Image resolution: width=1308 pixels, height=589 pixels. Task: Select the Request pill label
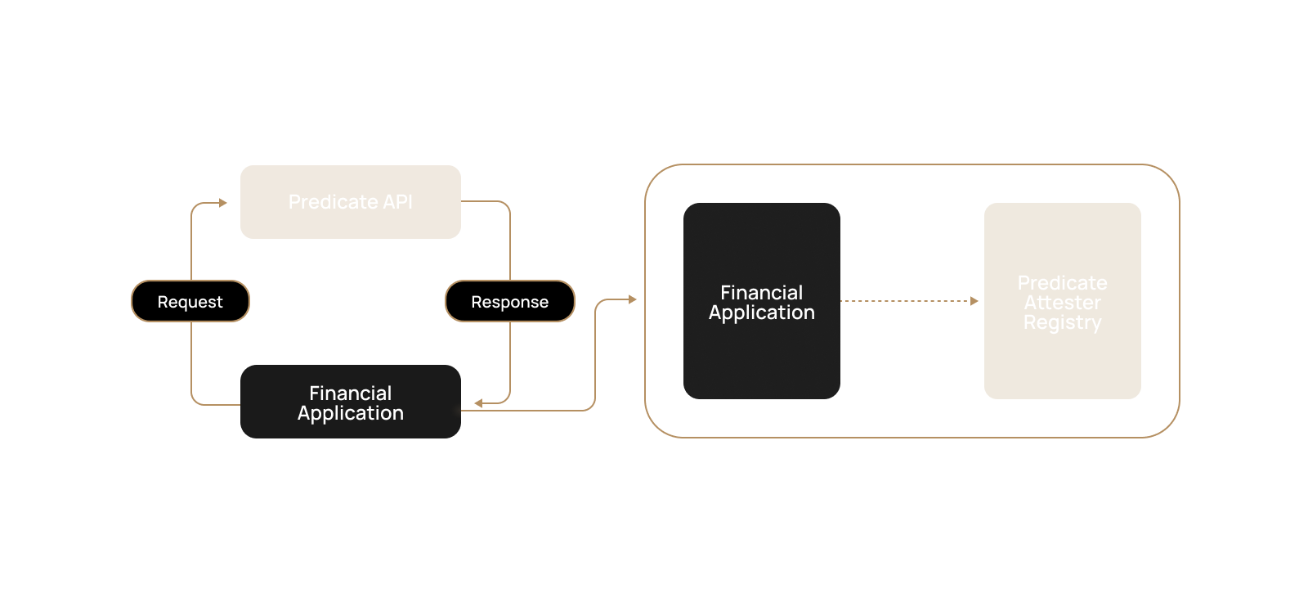point(190,302)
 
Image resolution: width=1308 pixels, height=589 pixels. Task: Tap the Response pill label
point(509,302)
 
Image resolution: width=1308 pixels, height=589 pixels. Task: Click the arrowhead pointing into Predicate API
point(223,203)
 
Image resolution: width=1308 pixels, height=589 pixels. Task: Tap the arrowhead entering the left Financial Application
point(478,402)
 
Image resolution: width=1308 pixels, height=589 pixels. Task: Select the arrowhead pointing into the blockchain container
point(632,299)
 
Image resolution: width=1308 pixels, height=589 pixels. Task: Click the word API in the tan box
point(397,202)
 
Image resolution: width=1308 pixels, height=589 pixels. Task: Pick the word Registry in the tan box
point(1062,322)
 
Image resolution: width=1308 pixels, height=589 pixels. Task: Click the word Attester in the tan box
point(1062,303)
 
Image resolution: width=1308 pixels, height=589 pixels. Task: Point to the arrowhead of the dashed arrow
point(974,301)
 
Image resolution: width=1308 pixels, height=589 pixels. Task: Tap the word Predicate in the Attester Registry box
point(1062,283)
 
